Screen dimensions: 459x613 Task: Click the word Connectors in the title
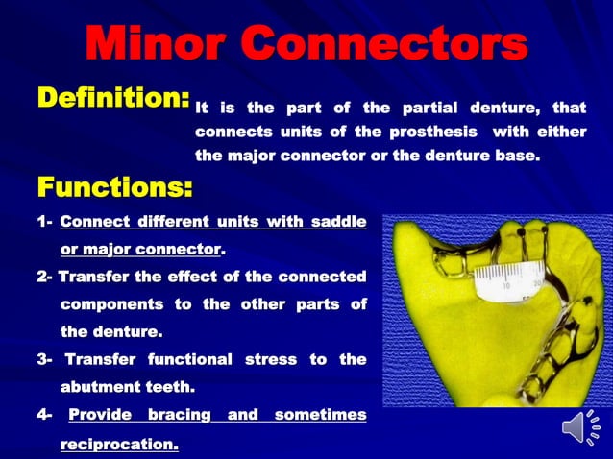coord(388,44)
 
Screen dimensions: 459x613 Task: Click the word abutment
coord(104,386)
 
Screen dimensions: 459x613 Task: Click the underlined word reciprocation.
coord(119,445)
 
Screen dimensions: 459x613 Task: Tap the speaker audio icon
coord(579,428)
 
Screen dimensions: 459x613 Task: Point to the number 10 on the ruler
coord(508,286)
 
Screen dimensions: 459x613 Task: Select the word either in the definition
coord(562,131)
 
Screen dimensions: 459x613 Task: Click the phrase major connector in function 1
coord(140,250)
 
